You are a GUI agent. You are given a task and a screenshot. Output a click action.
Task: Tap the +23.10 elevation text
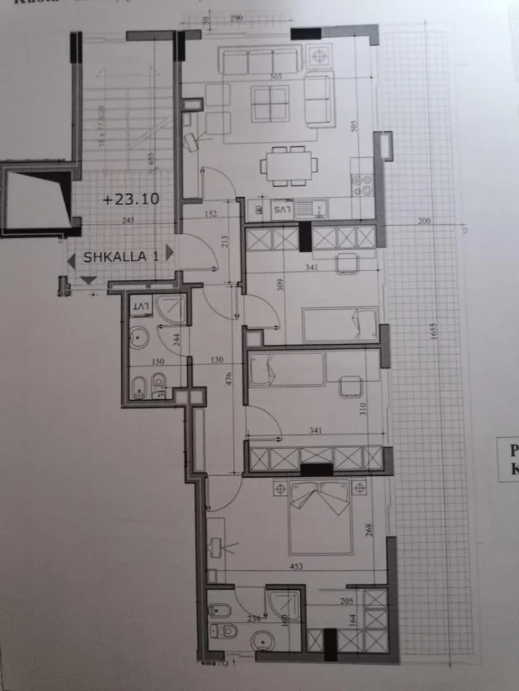click(x=132, y=198)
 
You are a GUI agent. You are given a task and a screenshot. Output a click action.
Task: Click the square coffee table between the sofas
click(x=269, y=103)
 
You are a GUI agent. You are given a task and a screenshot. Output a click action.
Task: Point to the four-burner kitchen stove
click(x=362, y=186)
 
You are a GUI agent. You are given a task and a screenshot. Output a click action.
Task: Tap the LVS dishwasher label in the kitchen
click(x=282, y=209)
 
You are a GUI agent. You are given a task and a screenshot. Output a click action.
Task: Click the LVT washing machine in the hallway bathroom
click(x=141, y=307)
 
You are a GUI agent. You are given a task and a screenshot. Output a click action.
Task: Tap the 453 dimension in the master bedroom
click(x=295, y=567)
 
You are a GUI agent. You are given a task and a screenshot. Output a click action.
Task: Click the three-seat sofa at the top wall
click(x=260, y=61)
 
